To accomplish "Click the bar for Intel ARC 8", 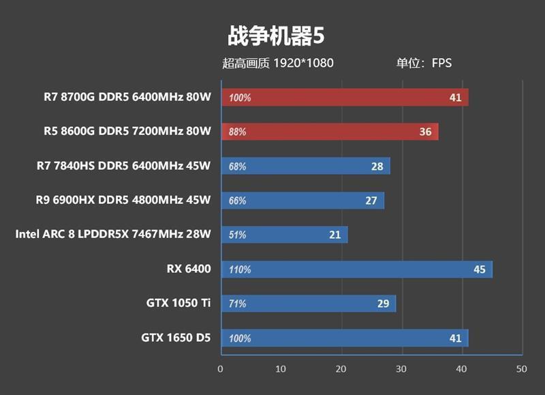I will tap(283, 235).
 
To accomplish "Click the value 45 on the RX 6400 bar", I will tap(480, 269).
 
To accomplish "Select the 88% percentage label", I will tap(238, 132).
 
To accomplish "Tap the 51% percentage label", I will tap(238, 235).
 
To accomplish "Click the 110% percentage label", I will tap(240, 269).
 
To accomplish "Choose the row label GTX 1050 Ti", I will tap(178, 303).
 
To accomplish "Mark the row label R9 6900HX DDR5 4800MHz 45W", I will tap(123, 200).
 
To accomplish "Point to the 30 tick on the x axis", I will tap(401, 369).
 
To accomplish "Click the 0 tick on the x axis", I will tap(220, 369).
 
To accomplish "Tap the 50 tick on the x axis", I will tap(522, 369).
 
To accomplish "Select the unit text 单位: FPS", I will tap(424, 63).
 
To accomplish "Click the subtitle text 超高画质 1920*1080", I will tap(278, 63).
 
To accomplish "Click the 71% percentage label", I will tap(238, 304).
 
